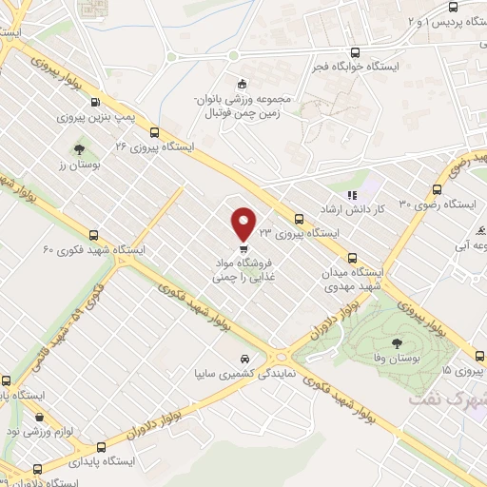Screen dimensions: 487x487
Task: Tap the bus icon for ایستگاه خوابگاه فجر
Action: tap(355, 53)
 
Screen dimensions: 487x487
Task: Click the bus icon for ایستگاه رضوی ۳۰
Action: tap(438, 188)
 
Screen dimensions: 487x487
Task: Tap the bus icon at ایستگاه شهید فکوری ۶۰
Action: tap(93, 234)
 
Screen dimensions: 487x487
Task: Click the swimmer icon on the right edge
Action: tap(481, 230)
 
